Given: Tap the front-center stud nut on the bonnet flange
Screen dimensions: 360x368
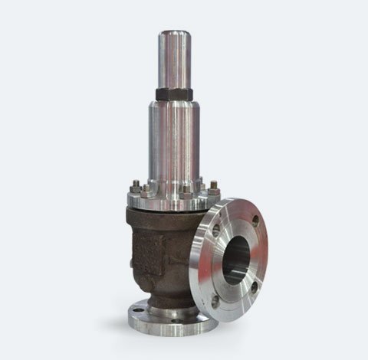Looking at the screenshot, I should [184, 191].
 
